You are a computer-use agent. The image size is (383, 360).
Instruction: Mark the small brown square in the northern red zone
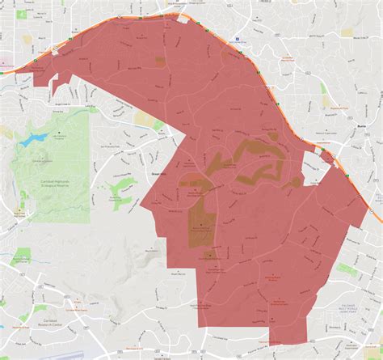[x=160, y=61]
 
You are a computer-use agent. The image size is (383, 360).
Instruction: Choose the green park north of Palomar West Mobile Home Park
[x=347, y=269]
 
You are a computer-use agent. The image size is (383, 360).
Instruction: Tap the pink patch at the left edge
[x=3, y=61]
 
